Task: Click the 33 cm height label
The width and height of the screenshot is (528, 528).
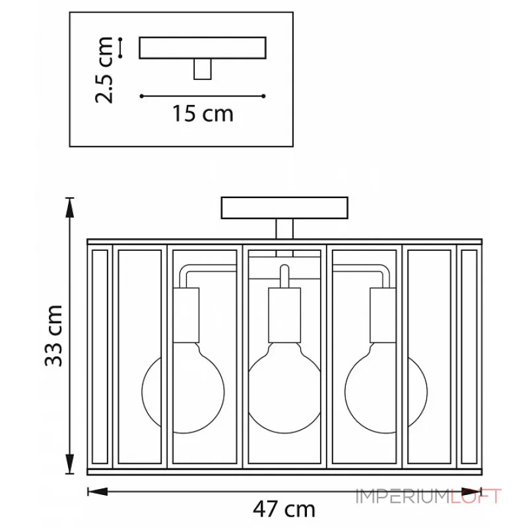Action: [x=54, y=336]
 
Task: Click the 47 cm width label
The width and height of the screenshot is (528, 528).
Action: [x=284, y=509]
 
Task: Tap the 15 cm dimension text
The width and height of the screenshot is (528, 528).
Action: [x=203, y=113]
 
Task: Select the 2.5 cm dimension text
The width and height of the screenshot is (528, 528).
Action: [x=104, y=70]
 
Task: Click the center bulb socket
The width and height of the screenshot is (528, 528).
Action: [x=284, y=315]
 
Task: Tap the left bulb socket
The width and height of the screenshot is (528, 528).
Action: [x=186, y=315]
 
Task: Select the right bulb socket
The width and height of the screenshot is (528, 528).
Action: [x=383, y=315]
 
